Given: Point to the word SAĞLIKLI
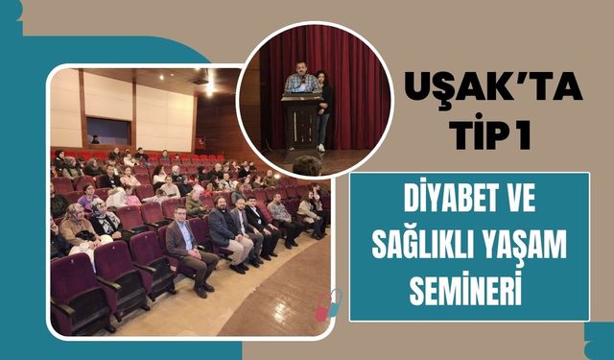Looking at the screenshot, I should pos(427,247).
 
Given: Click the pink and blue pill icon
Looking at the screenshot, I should pos(330,304).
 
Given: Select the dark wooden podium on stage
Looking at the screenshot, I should pos(300,120).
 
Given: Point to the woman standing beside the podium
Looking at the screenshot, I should pos(325,106).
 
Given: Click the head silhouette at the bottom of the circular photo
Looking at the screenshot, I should pos(307,166).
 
